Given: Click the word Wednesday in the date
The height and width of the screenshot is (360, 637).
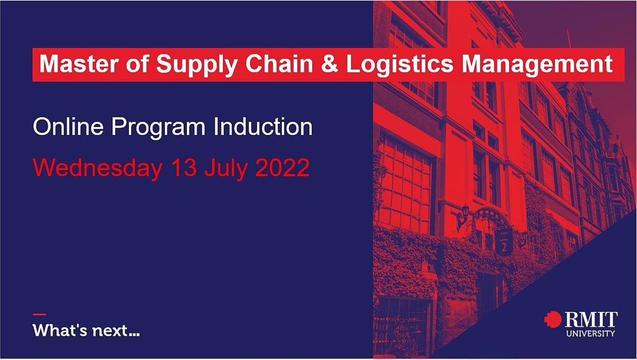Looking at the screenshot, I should click(x=98, y=168).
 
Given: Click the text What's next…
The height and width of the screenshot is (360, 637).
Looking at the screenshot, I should click(x=87, y=331).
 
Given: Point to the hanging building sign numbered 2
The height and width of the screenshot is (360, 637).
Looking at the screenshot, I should click(x=503, y=244).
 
